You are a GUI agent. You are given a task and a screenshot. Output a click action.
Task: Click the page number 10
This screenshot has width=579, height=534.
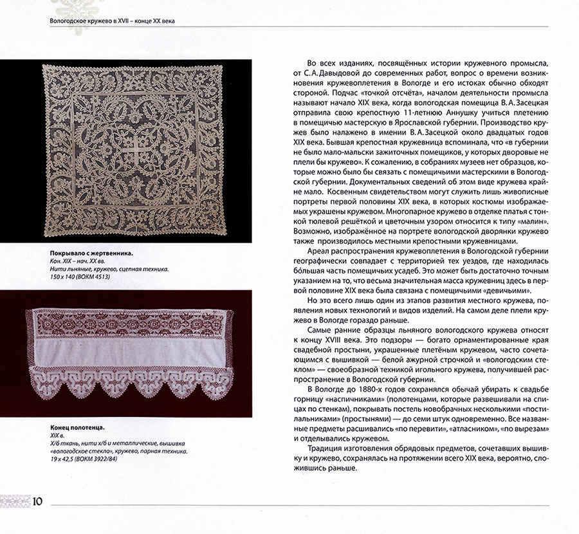coord(37,501)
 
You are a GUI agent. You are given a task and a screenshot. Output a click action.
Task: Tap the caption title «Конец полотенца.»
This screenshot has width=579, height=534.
coord(77,427)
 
